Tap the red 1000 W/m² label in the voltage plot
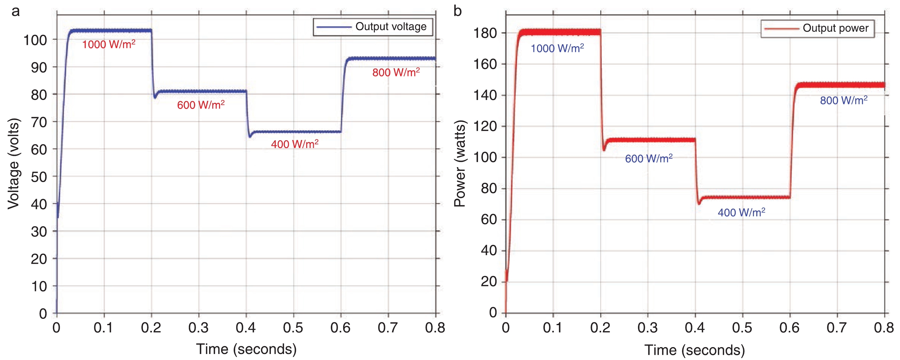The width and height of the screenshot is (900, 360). coord(109,44)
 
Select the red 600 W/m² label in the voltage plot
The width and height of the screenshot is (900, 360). coord(201,105)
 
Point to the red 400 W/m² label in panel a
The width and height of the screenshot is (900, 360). coord(295,144)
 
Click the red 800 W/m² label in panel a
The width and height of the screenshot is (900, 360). coord(396,72)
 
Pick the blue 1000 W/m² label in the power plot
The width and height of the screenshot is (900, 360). coord(557,48)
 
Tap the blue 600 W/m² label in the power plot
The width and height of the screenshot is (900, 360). coord(649,159)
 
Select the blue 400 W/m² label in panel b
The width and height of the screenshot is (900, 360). coord(741,213)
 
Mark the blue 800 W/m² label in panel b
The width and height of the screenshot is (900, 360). coord(843,101)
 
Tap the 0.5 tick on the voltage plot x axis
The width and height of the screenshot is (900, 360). coord(293,328)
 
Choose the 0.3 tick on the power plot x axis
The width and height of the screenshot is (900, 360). coord(647,328)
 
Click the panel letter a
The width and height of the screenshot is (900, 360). coord(15,11)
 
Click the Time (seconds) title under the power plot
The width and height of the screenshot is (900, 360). coord(695,350)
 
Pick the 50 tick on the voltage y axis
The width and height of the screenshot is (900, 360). coord(39,177)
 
